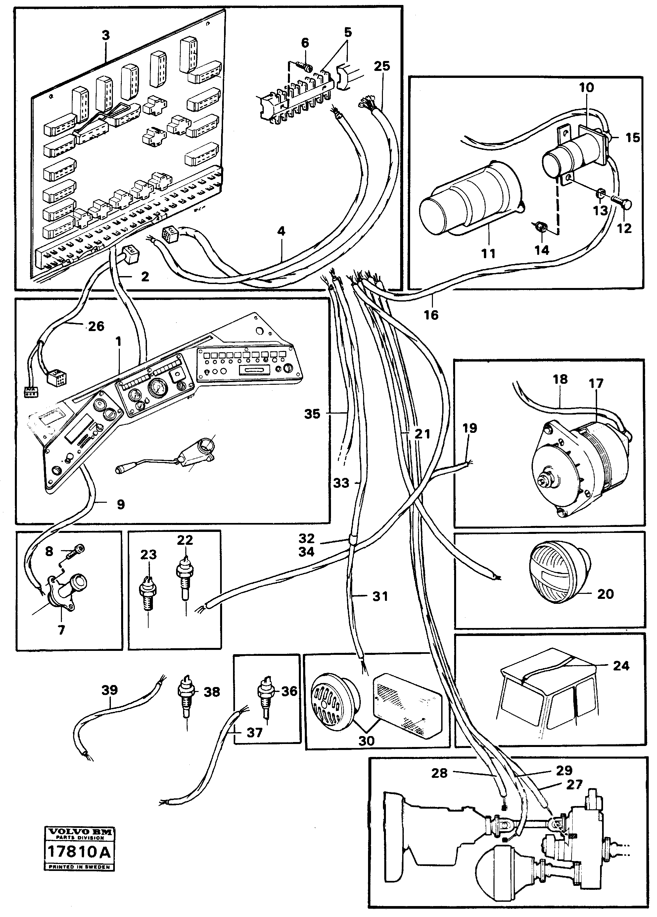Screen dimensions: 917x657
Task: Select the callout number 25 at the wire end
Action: point(382,66)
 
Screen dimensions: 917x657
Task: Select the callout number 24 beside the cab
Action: point(621,665)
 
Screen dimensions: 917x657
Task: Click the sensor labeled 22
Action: point(185,573)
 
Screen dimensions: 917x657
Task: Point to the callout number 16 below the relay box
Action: point(431,314)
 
